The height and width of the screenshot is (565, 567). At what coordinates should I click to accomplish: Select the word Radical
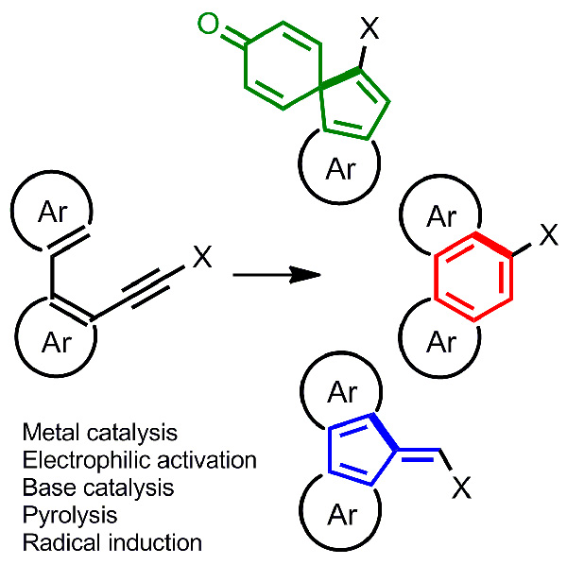[51, 542]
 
